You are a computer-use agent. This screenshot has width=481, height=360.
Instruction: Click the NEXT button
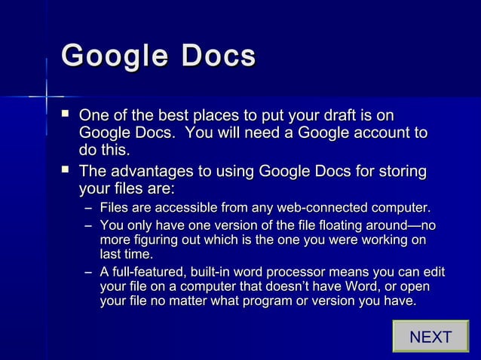430,337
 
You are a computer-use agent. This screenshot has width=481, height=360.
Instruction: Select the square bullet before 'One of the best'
66,114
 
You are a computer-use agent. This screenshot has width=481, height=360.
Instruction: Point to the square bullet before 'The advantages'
66,169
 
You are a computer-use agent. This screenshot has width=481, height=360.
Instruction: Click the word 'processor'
290,273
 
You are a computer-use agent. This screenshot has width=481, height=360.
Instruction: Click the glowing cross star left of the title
44,96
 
